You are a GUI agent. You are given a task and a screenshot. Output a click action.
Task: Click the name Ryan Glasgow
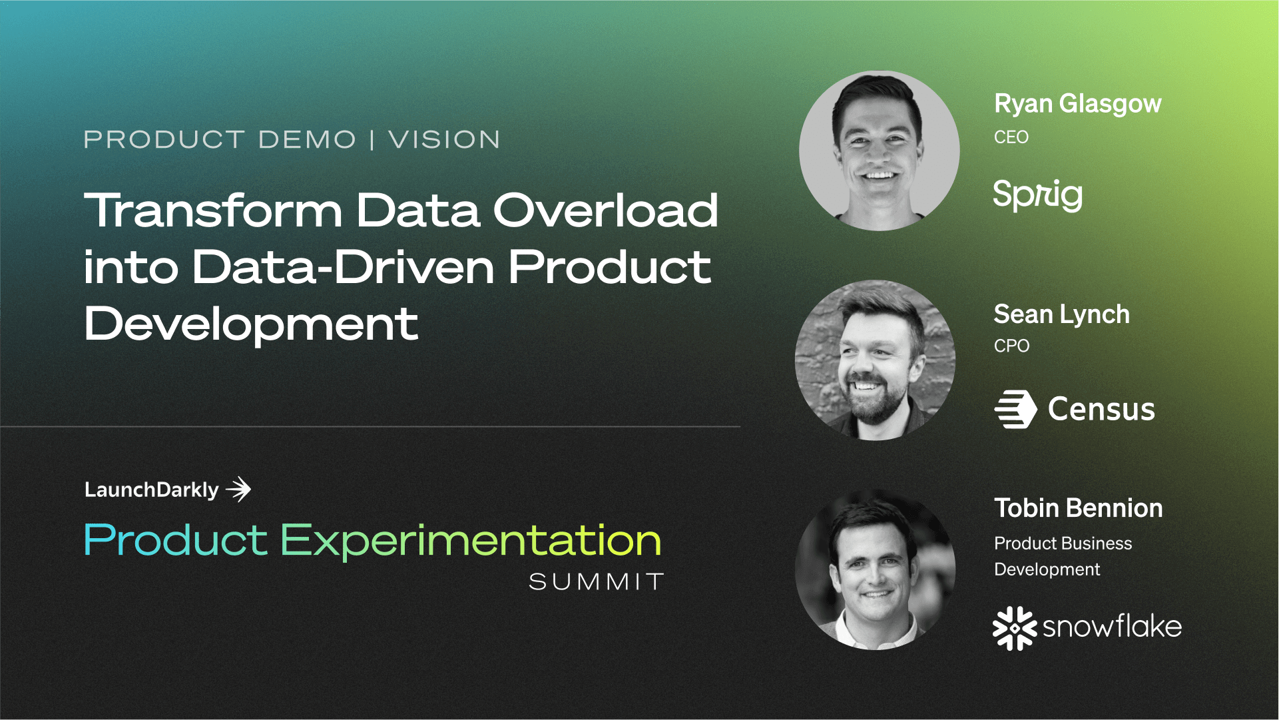point(1077,104)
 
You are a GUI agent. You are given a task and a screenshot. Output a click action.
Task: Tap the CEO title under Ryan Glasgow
point(1011,137)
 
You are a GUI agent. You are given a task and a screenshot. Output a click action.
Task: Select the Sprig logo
point(1037,195)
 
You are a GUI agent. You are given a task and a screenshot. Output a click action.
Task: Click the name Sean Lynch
point(1061,314)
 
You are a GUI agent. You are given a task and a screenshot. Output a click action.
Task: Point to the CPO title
point(1011,346)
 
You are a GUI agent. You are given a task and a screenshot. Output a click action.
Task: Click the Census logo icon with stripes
point(1015,408)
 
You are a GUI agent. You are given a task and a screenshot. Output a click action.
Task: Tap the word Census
point(1101,409)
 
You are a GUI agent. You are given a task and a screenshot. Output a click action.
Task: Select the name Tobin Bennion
point(1077,508)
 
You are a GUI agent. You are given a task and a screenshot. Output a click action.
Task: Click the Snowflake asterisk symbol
point(1014,627)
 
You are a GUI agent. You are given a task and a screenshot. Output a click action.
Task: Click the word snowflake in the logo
point(1111,627)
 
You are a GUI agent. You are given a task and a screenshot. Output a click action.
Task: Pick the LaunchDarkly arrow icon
point(238,490)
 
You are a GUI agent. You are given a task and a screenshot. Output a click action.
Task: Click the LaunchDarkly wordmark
point(151,490)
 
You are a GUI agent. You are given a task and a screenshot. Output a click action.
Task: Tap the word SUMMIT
point(596,581)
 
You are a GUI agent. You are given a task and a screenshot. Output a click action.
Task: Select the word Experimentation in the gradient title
point(470,540)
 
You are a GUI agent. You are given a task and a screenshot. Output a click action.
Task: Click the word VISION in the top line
point(444,140)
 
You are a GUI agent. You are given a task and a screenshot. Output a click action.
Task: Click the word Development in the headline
point(251,324)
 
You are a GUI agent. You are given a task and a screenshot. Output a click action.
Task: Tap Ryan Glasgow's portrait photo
point(878,151)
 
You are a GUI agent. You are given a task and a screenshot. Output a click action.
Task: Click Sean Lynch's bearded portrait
point(875,360)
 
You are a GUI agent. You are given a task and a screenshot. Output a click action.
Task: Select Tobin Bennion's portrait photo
point(875,570)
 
